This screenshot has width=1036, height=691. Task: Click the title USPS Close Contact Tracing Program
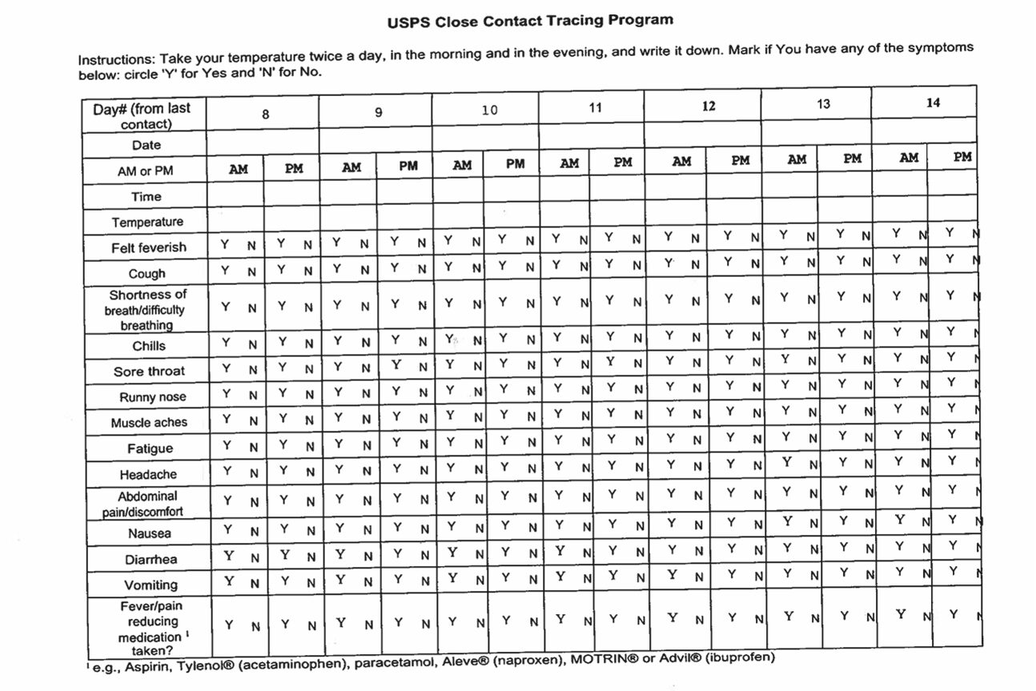530,21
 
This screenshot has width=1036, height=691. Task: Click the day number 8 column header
265,114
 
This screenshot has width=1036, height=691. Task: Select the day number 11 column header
595,107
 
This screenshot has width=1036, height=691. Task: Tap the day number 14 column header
933,102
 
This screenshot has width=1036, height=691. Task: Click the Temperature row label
147,222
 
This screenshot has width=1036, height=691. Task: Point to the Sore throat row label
149,372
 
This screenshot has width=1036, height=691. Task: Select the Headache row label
149,475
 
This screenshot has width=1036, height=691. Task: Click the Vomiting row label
151,585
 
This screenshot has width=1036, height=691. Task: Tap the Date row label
147,145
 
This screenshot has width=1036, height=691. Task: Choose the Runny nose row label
152,397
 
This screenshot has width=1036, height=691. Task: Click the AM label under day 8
239,170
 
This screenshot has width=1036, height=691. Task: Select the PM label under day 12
741,160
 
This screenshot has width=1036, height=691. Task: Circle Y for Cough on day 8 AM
227,271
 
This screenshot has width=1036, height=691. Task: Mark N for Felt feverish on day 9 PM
421,243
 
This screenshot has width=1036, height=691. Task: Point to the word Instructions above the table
117,60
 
